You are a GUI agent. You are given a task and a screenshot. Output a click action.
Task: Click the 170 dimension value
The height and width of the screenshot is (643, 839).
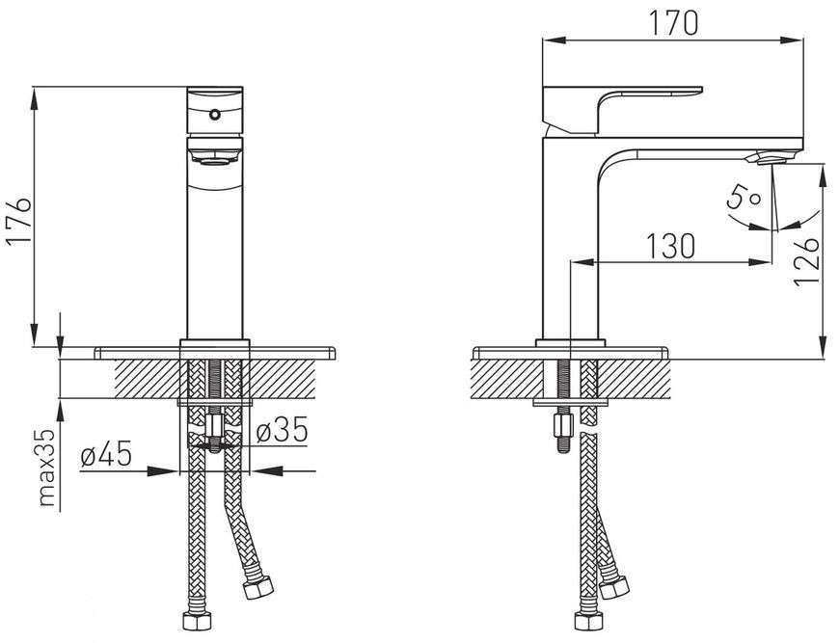click(x=673, y=23)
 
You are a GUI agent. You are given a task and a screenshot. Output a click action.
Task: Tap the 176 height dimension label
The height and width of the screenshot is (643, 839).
click(x=19, y=221)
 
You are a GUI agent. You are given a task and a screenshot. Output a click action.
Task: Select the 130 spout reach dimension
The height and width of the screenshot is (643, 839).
click(x=670, y=246)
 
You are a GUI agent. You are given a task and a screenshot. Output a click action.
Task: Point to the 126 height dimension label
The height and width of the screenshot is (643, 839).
click(x=807, y=261)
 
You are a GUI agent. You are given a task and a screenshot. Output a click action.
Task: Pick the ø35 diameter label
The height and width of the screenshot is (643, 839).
click(x=282, y=430)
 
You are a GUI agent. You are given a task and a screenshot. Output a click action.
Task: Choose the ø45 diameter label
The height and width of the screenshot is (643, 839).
click(x=106, y=455)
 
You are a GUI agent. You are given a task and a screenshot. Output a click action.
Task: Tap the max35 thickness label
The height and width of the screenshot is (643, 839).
click(x=47, y=467)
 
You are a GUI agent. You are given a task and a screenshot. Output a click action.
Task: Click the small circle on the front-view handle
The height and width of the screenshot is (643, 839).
click(x=214, y=114)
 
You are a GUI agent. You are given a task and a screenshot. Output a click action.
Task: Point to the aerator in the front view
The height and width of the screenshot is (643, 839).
click(x=215, y=157)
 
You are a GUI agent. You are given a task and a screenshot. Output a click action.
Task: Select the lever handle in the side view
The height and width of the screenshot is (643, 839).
click(x=622, y=110)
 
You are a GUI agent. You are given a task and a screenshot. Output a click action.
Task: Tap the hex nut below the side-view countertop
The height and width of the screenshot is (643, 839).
click(x=564, y=426)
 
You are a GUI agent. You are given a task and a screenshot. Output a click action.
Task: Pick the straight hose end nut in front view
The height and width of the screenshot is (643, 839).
click(x=197, y=621)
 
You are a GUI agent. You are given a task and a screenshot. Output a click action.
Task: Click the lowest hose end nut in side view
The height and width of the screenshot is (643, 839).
click(x=589, y=621)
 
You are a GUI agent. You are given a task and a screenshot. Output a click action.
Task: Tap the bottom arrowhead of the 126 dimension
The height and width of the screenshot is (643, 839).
click(x=823, y=347)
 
